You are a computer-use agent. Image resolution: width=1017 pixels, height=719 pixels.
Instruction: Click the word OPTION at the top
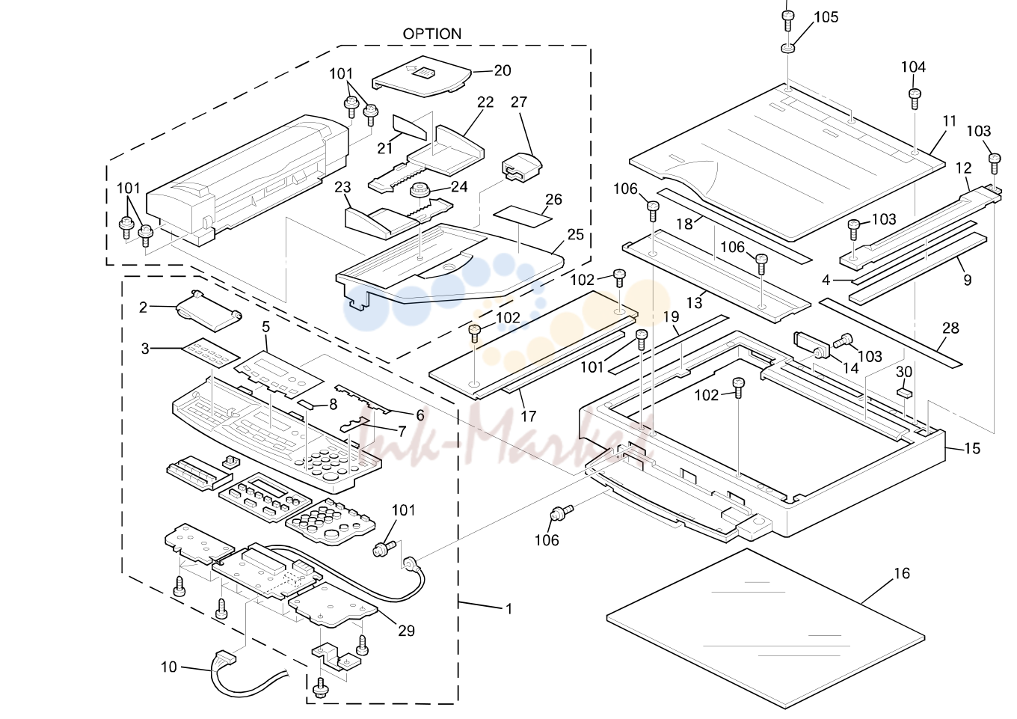[x=431, y=34]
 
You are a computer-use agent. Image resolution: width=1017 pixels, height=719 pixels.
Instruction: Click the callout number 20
[x=503, y=70]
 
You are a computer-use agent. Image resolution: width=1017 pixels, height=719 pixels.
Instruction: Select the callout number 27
[x=519, y=102]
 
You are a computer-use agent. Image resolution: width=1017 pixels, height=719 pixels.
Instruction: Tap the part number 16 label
[x=902, y=573]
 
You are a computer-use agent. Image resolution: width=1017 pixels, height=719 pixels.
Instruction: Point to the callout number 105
[x=826, y=17]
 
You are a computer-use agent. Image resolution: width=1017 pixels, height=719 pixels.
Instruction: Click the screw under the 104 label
[x=915, y=99]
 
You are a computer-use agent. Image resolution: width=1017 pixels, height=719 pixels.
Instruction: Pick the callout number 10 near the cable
[x=168, y=667]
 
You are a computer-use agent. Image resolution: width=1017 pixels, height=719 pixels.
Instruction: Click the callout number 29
[x=406, y=631]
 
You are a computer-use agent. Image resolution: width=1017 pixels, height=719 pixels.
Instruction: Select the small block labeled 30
[x=904, y=393]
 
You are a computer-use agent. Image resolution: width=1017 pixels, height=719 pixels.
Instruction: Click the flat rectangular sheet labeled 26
[x=523, y=217]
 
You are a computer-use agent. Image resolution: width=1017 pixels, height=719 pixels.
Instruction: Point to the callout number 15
[x=972, y=449]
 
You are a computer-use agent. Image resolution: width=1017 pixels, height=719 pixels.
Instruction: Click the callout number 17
[x=528, y=416]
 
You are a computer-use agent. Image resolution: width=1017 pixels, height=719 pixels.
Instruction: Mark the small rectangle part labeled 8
[x=309, y=404]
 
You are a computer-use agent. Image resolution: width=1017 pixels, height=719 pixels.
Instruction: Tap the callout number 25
[x=575, y=234]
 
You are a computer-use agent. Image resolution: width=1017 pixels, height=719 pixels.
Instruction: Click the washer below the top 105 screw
[x=787, y=48]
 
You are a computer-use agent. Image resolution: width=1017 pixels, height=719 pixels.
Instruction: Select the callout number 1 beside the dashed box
[x=509, y=608]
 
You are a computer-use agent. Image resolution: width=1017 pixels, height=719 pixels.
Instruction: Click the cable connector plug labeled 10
[x=226, y=657]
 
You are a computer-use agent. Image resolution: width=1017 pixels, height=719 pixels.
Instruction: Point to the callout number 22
[x=485, y=103]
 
